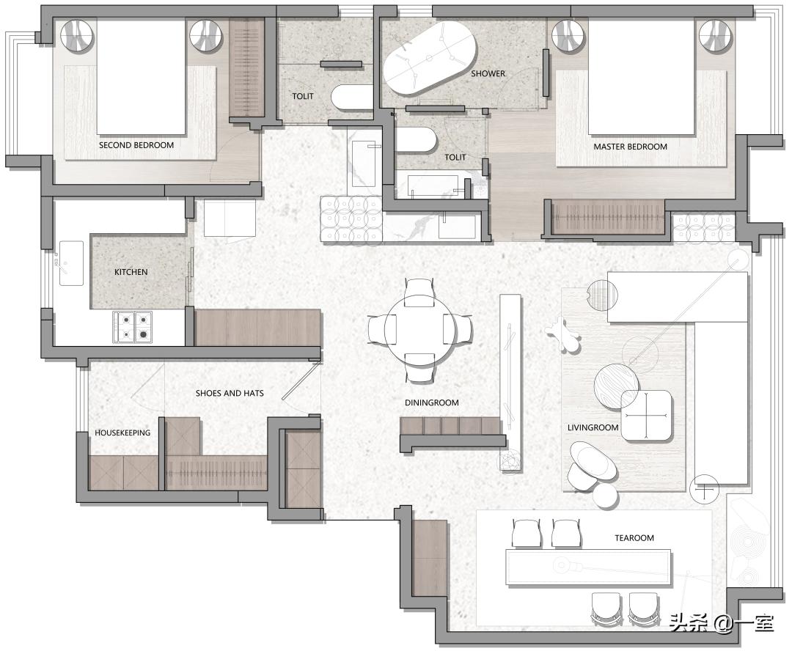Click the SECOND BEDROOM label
point(136,145)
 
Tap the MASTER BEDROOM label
point(630,147)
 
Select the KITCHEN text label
point(131,272)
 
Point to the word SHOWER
point(488,73)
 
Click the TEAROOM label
point(634,538)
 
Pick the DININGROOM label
point(432,402)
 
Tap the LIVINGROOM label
point(593,427)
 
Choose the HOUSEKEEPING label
point(122,433)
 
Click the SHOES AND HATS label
point(230,393)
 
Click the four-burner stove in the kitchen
point(132,327)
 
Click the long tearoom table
point(589,567)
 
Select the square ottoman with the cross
point(647,416)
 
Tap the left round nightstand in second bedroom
point(77,36)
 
